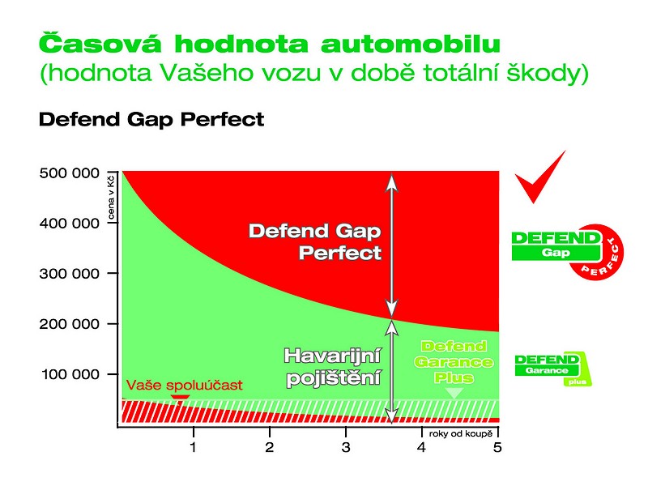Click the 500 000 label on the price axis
tap(70, 173)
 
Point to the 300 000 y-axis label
tap(70, 274)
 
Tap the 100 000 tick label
tap(70, 374)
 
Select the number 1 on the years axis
tap(193, 447)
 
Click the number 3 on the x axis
tap(346, 447)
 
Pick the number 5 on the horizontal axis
tap(497, 447)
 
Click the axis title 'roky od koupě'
tap(461, 434)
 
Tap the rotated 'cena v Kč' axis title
tap(112, 197)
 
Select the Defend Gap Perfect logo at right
tap(568, 251)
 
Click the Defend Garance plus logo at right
tap(553, 369)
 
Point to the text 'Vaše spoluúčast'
tap(185, 386)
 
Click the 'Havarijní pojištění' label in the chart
tap(332, 368)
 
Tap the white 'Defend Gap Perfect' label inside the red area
tap(315, 241)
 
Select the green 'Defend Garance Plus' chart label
tap(454, 362)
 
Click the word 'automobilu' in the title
tap(411, 45)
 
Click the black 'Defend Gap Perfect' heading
tap(151, 120)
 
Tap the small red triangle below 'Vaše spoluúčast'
tap(181, 399)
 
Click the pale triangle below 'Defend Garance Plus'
tap(454, 393)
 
